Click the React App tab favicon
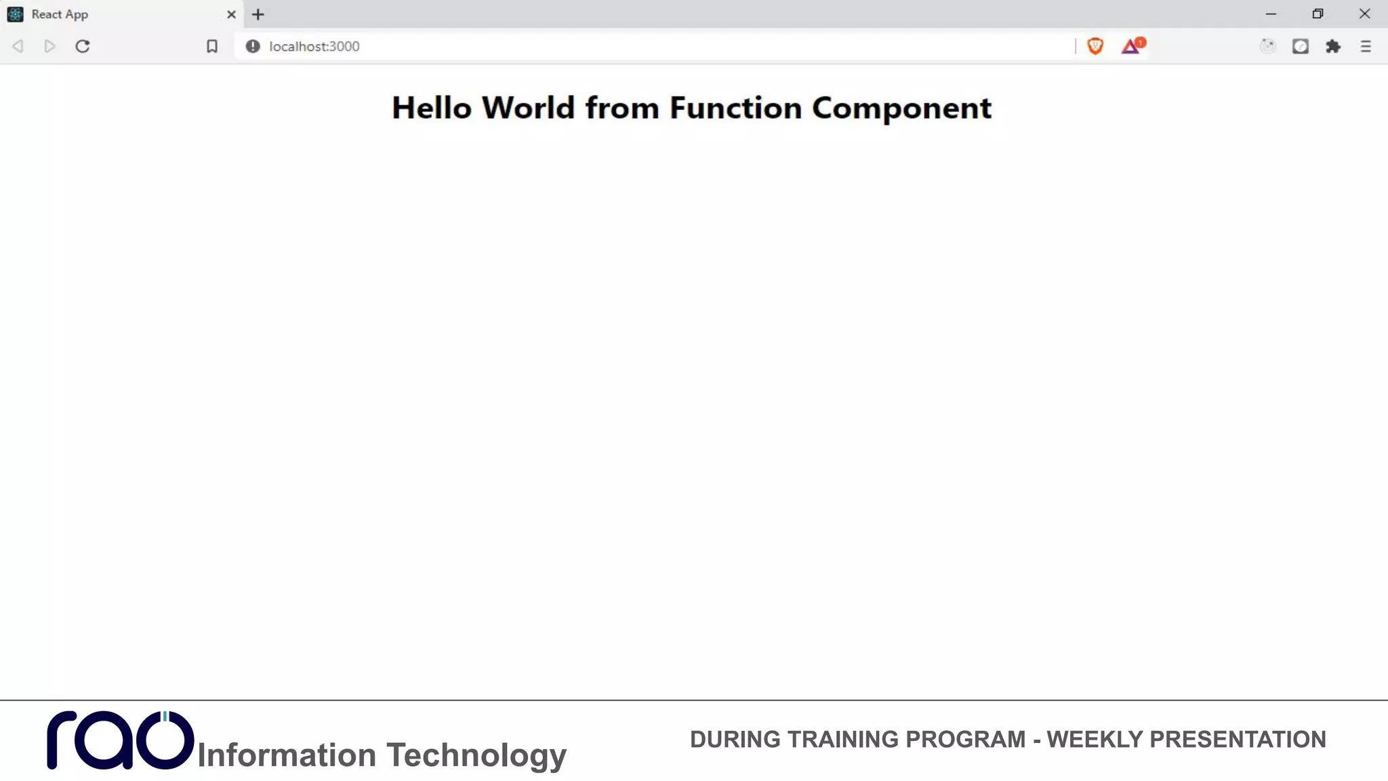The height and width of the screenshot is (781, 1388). click(x=15, y=14)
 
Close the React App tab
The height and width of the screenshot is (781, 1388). click(x=231, y=14)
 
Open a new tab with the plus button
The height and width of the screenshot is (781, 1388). click(x=258, y=14)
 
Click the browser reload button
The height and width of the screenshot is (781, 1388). click(x=83, y=46)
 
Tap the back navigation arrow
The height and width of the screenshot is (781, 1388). click(x=18, y=46)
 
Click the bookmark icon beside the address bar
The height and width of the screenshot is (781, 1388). click(x=212, y=46)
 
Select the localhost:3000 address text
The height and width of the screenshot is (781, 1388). click(x=314, y=46)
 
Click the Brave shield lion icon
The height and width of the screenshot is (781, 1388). click(x=1095, y=46)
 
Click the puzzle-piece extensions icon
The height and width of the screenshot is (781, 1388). click(x=1333, y=46)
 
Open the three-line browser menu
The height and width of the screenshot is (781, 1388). click(x=1366, y=46)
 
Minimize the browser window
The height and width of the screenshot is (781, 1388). click(x=1271, y=14)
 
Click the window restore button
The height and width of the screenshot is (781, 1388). click(x=1318, y=14)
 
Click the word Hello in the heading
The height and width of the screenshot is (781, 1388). click(x=431, y=108)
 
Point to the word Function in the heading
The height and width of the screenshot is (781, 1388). click(x=735, y=108)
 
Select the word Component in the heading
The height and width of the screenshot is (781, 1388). click(x=901, y=108)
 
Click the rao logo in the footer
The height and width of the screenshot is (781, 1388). click(x=120, y=740)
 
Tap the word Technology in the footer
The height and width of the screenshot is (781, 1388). click(x=476, y=755)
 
